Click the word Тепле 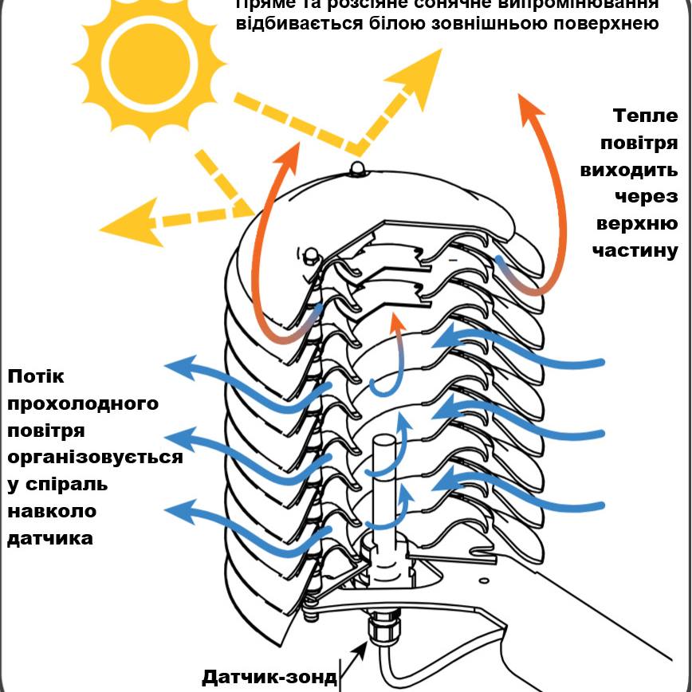(645, 116)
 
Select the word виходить (629, 170)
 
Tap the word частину (635, 250)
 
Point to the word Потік (35, 375)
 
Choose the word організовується (94, 457)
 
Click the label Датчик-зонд (269, 677)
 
